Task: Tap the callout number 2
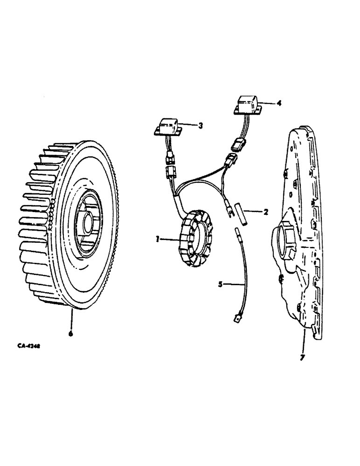coord(265,212)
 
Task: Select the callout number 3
coord(200,125)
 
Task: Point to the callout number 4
coord(279,104)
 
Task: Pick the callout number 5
coord(221,283)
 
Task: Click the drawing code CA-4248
coord(26,347)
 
